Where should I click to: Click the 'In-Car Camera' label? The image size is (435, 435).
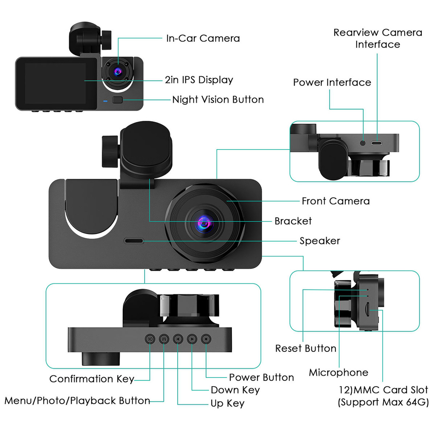[203, 38]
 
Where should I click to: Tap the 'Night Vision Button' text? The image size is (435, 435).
[218, 100]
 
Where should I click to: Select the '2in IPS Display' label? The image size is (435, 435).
[199, 80]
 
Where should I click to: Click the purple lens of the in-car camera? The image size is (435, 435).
[118, 72]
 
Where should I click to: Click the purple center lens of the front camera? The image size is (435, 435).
[204, 224]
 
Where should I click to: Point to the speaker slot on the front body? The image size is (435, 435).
[134, 241]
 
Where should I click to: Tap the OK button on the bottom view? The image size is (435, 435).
[150, 339]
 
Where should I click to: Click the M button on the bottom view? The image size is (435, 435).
[164, 339]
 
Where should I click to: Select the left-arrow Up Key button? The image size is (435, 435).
[178, 339]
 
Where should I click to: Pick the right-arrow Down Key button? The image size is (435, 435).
[192, 339]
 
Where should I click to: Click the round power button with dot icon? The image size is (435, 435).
[206, 339]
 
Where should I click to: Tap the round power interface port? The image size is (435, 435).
[363, 143]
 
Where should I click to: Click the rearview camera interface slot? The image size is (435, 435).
[377, 143]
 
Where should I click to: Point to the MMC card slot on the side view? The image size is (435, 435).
[368, 310]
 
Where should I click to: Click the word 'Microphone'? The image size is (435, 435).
[338, 372]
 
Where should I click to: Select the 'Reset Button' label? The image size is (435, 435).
[306, 348]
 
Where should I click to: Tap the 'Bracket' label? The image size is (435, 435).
[293, 221]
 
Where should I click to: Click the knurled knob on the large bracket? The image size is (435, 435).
[110, 151]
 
